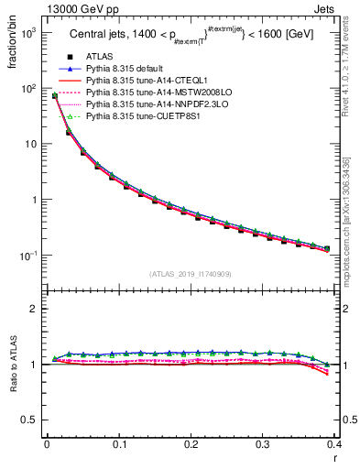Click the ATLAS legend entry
(98, 57)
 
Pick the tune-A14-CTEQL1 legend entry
(138, 81)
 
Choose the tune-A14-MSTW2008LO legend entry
(146, 93)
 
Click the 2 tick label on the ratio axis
(35, 309)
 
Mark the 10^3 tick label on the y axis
(28, 33)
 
